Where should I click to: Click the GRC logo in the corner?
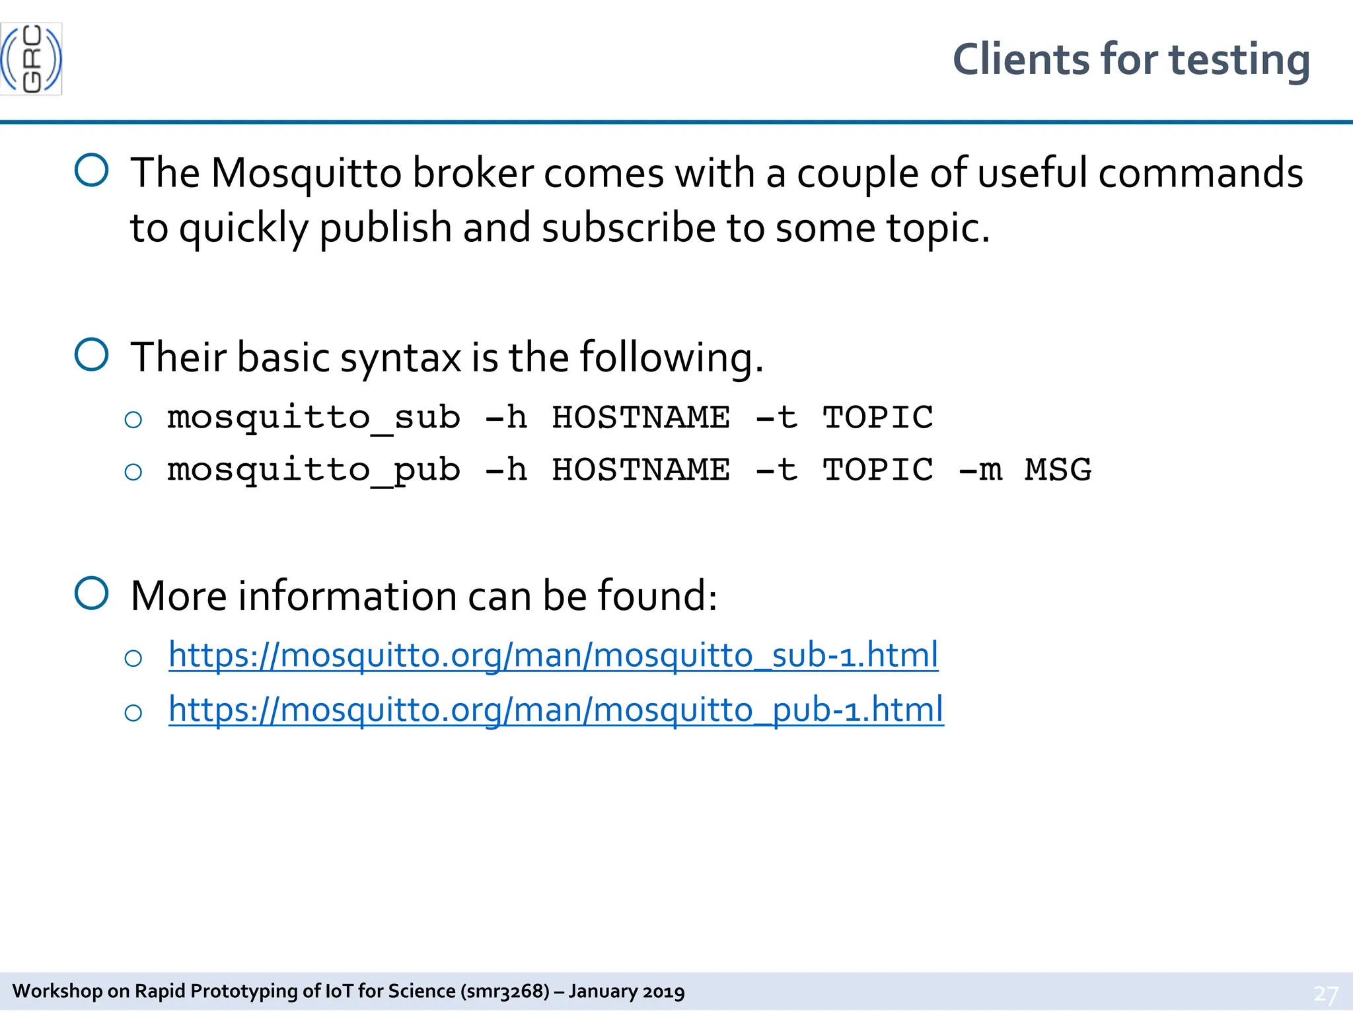click(x=31, y=59)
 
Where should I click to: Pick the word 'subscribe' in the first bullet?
click(x=628, y=228)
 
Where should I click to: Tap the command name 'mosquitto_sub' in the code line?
click(x=314, y=418)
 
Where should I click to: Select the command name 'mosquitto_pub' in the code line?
click(x=314, y=470)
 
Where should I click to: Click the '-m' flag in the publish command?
click(x=980, y=470)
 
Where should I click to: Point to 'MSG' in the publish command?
click(x=1058, y=470)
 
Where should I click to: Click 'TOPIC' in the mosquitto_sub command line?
click(x=877, y=418)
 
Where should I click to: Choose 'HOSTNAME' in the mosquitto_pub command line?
click(x=641, y=470)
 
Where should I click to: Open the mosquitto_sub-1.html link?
click(x=553, y=656)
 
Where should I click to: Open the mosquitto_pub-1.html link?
click(x=556, y=710)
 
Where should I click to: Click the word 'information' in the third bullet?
click(x=347, y=596)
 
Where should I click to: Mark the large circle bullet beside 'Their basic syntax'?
click(x=91, y=355)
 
